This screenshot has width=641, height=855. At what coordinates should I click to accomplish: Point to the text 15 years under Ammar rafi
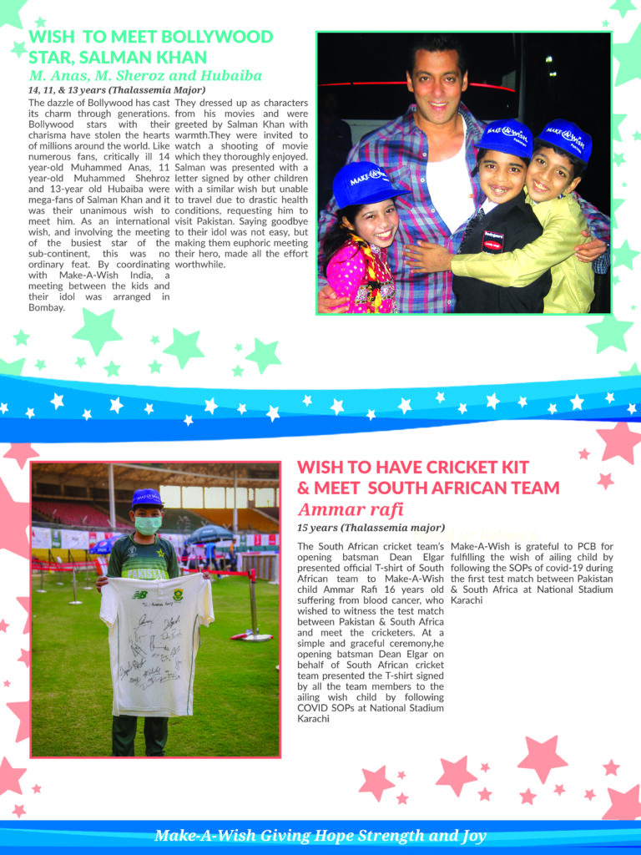click(316, 528)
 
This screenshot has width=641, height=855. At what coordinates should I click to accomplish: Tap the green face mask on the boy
click(147, 525)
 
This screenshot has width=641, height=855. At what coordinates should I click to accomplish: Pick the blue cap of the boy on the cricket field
click(147, 498)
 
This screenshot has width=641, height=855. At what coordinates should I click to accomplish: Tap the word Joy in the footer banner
click(469, 836)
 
